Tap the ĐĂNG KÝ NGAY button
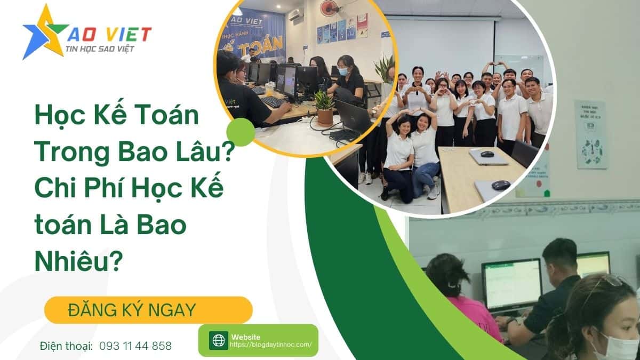click(x=148, y=309)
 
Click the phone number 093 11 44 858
click(x=135, y=346)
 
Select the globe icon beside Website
click(x=218, y=340)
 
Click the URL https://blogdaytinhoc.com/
click(x=270, y=345)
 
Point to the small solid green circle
click(x=241, y=132)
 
